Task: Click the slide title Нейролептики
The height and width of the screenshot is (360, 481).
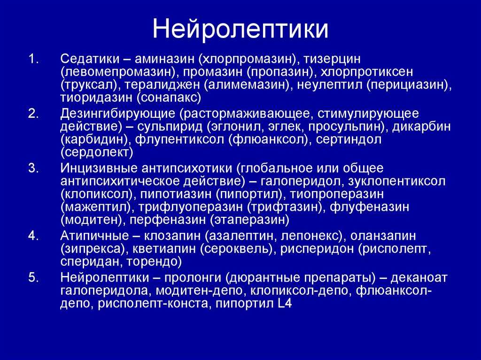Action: pos(240,29)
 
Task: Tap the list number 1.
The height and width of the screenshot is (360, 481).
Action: pos(33,59)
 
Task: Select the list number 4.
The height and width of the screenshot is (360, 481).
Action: pos(33,236)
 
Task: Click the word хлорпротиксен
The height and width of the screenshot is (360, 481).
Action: pos(366,72)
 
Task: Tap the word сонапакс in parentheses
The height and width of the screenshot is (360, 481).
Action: pos(169,98)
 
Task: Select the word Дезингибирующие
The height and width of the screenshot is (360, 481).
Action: pos(117,114)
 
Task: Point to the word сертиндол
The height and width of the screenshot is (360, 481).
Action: pos(349,140)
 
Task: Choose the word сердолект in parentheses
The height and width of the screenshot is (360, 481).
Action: pos(97,153)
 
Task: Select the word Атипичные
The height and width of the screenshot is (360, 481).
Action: pos(94,236)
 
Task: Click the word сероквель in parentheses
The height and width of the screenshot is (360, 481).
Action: pos(237,249)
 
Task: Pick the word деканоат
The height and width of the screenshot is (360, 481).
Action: pos(419,278)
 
